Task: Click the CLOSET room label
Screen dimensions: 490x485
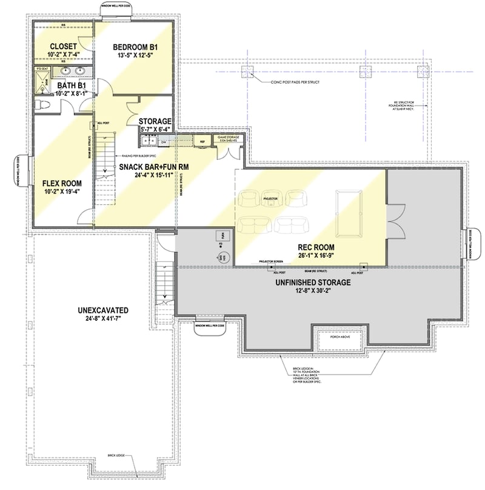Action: click(x=62, y=46)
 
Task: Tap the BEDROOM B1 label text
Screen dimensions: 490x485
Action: click(x=136, y=46)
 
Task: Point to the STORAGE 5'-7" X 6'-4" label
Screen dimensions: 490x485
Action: click(x=155, y=121)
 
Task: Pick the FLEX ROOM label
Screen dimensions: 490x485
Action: click(x=62, y=183)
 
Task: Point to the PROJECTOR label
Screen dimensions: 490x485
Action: click(x=270, y=198)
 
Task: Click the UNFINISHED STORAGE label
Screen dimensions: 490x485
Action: click(x=313, y=282)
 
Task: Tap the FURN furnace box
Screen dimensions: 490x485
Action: click(x=222, y=235)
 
